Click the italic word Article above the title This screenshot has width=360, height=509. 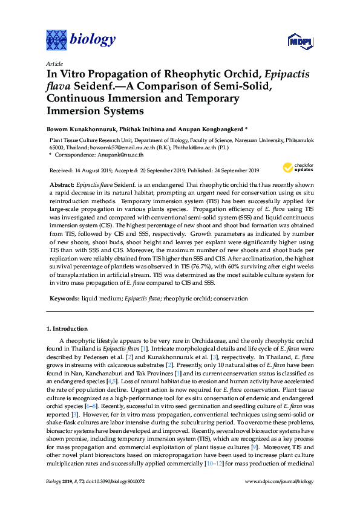54,63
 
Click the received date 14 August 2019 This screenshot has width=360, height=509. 93,170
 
